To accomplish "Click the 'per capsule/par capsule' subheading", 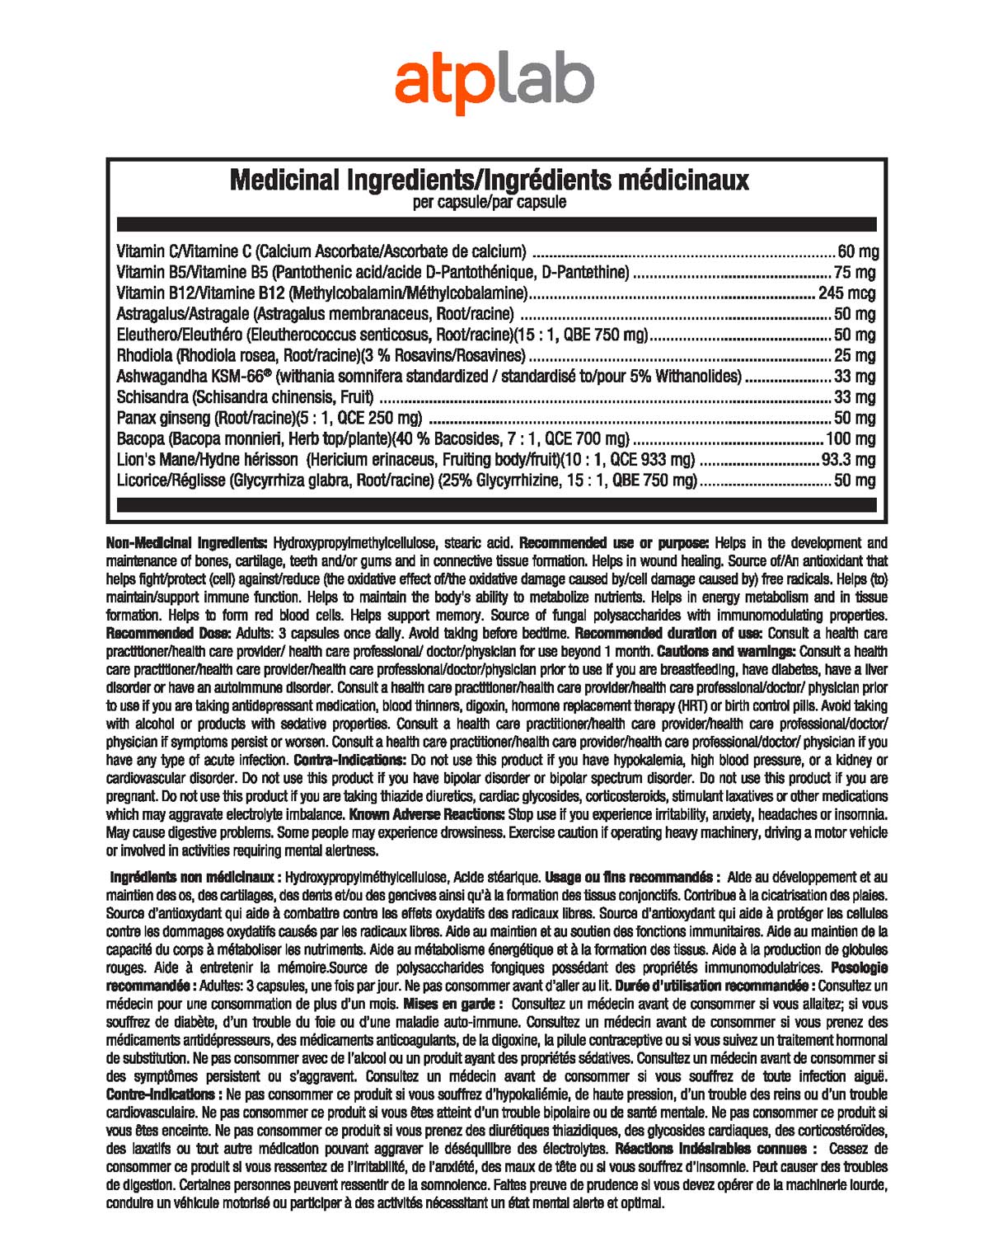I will pyautogui.click(x=489, y=203).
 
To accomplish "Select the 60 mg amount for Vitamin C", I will pyautogui.click(x=857, y=251).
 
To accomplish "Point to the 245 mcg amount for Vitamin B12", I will pyautogui.click(x=846, y=293).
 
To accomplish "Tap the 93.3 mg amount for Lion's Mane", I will pyautogui.click(x=848, y=460).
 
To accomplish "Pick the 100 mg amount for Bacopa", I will pyautogui.click(x=851, y=439).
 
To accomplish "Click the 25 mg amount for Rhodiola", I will pyautogui.click(x=855, y=356).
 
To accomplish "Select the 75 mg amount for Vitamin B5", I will pyautogui.click(x=855, y=273).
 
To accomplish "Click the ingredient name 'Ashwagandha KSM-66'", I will pyautogui.click(x=194, y=377).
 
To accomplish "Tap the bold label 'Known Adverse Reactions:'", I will pyautogui.click(x=427, y=814).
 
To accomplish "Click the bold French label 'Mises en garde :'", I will pyautogui.click(x=452, y=1004).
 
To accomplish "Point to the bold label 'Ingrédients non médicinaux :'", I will pyautogui.click(x=197, y=877).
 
